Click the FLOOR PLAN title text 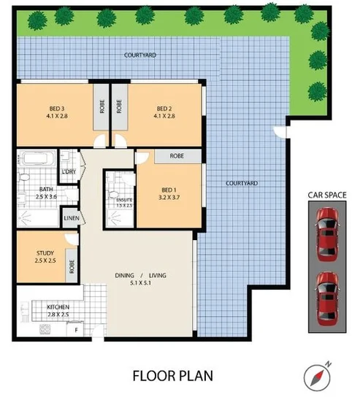172,376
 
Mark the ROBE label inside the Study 72,266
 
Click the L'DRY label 69,171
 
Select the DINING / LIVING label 141,275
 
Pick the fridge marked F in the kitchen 77,331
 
